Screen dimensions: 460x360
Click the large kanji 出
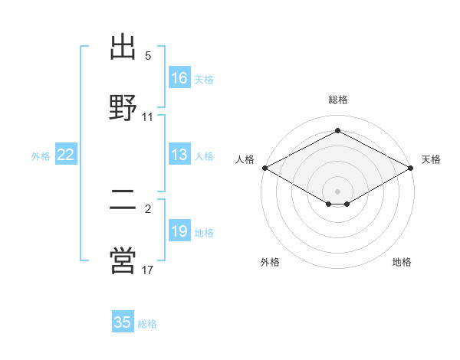[123, 47]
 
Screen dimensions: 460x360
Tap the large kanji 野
[123, 107]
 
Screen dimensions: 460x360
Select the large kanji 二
[123, 200]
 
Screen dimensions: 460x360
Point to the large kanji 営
[123, 260]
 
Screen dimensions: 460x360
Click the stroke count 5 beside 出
[148, 55]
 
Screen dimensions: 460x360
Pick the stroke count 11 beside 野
[147, 117]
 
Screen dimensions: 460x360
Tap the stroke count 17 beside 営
[147, 270]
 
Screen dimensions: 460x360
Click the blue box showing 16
[179, 77]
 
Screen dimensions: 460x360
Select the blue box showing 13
[179, 154]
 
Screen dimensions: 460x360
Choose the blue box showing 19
[179, 230]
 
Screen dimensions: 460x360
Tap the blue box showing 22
[66, 154]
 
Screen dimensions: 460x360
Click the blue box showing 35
[123, 321]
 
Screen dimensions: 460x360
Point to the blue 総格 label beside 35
[147, 324]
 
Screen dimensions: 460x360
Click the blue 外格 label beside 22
[41, 156]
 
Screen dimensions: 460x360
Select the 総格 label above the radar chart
[338, 100]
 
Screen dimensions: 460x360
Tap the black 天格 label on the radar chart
[431, 159]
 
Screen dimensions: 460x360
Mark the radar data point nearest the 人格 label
[265, 168]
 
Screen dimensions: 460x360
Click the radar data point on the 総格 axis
[337, 130]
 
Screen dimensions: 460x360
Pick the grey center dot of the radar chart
[337, 191]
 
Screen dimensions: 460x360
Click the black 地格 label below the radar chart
[402, 262]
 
